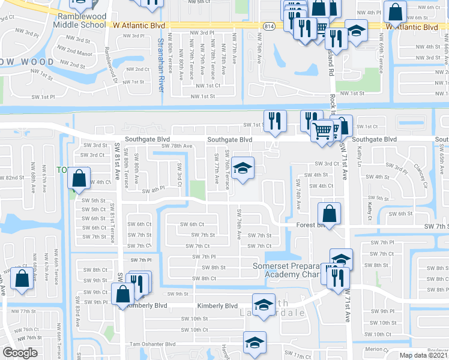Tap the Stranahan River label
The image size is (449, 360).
coord(161,64)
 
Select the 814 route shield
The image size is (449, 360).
coord(268,26)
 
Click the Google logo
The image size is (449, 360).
coord(20,352)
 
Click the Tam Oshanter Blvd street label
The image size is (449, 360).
coord(154,344)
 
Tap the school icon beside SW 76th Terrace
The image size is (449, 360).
coord(243,168)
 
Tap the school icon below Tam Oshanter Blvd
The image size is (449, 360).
coord(255,343)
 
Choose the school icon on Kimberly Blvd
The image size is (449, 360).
coord(263,305)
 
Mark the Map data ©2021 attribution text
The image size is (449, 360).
coord(423,355)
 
